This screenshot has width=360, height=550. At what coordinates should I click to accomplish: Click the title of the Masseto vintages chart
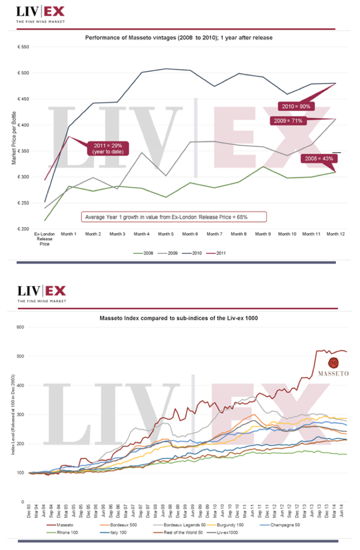179,37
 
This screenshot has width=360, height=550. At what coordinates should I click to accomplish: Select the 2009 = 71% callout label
288,121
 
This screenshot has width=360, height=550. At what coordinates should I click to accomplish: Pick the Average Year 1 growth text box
173,217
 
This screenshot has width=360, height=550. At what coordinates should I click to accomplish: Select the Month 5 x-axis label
166,234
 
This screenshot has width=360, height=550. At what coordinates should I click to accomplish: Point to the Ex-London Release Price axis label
45,239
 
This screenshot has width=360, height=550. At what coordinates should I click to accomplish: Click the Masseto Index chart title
179,317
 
